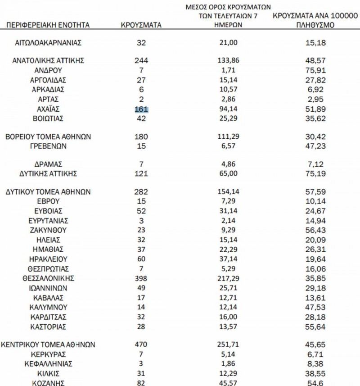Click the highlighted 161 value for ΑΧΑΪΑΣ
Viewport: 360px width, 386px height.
141,109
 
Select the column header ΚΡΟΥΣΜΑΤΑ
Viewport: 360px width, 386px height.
141,25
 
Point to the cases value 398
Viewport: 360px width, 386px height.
141,278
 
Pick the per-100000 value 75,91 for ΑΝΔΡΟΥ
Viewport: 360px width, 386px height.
315,70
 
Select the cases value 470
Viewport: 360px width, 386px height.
141,345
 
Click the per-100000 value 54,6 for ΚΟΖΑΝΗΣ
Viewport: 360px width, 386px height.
315,383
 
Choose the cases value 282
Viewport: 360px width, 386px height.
141,191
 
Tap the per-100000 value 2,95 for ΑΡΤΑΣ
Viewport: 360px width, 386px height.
315,99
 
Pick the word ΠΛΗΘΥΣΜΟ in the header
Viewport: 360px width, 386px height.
315,25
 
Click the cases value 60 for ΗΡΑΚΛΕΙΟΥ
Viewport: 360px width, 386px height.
141,259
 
